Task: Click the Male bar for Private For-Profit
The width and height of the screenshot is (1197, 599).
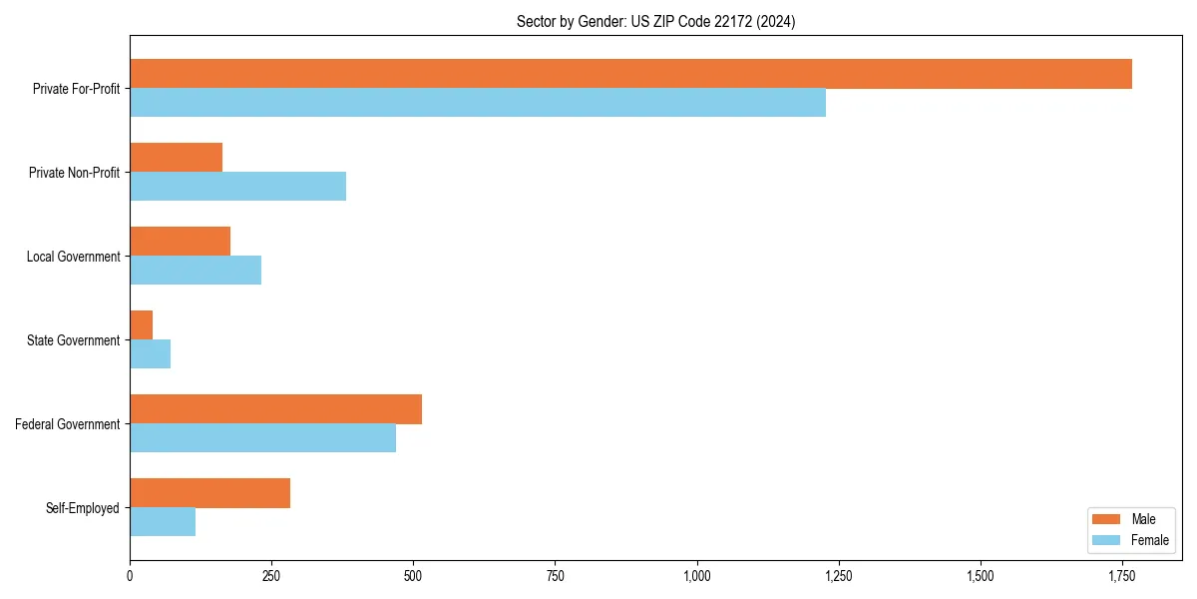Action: pos(630,74)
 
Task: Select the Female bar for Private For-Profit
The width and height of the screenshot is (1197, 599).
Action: pos(478,103)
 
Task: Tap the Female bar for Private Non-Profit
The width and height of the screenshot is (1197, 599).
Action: pos(237,187)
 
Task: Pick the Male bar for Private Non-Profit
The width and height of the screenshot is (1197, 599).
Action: pos(176,158)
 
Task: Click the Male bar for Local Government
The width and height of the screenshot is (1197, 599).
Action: pos(180,242)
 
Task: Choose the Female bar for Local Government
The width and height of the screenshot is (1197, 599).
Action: pos(196,271)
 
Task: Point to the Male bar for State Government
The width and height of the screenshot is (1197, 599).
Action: pos(141,325)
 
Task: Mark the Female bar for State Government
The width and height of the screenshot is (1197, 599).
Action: pos(150,354)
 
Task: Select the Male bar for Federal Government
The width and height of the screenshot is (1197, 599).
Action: pos(275,409)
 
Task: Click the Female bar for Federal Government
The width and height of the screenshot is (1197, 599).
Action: pos(262,438)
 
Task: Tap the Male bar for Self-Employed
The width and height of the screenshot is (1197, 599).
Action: pos(209,493)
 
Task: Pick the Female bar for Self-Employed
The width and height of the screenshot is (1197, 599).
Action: pos(163,522)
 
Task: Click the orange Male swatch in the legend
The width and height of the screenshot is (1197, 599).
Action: pos(1107,519)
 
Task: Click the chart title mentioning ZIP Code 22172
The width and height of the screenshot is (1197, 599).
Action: pos(655,21)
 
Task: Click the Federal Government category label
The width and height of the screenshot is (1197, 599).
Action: pos(68,424)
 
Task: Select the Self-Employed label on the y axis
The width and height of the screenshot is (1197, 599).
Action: pos(83,508)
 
